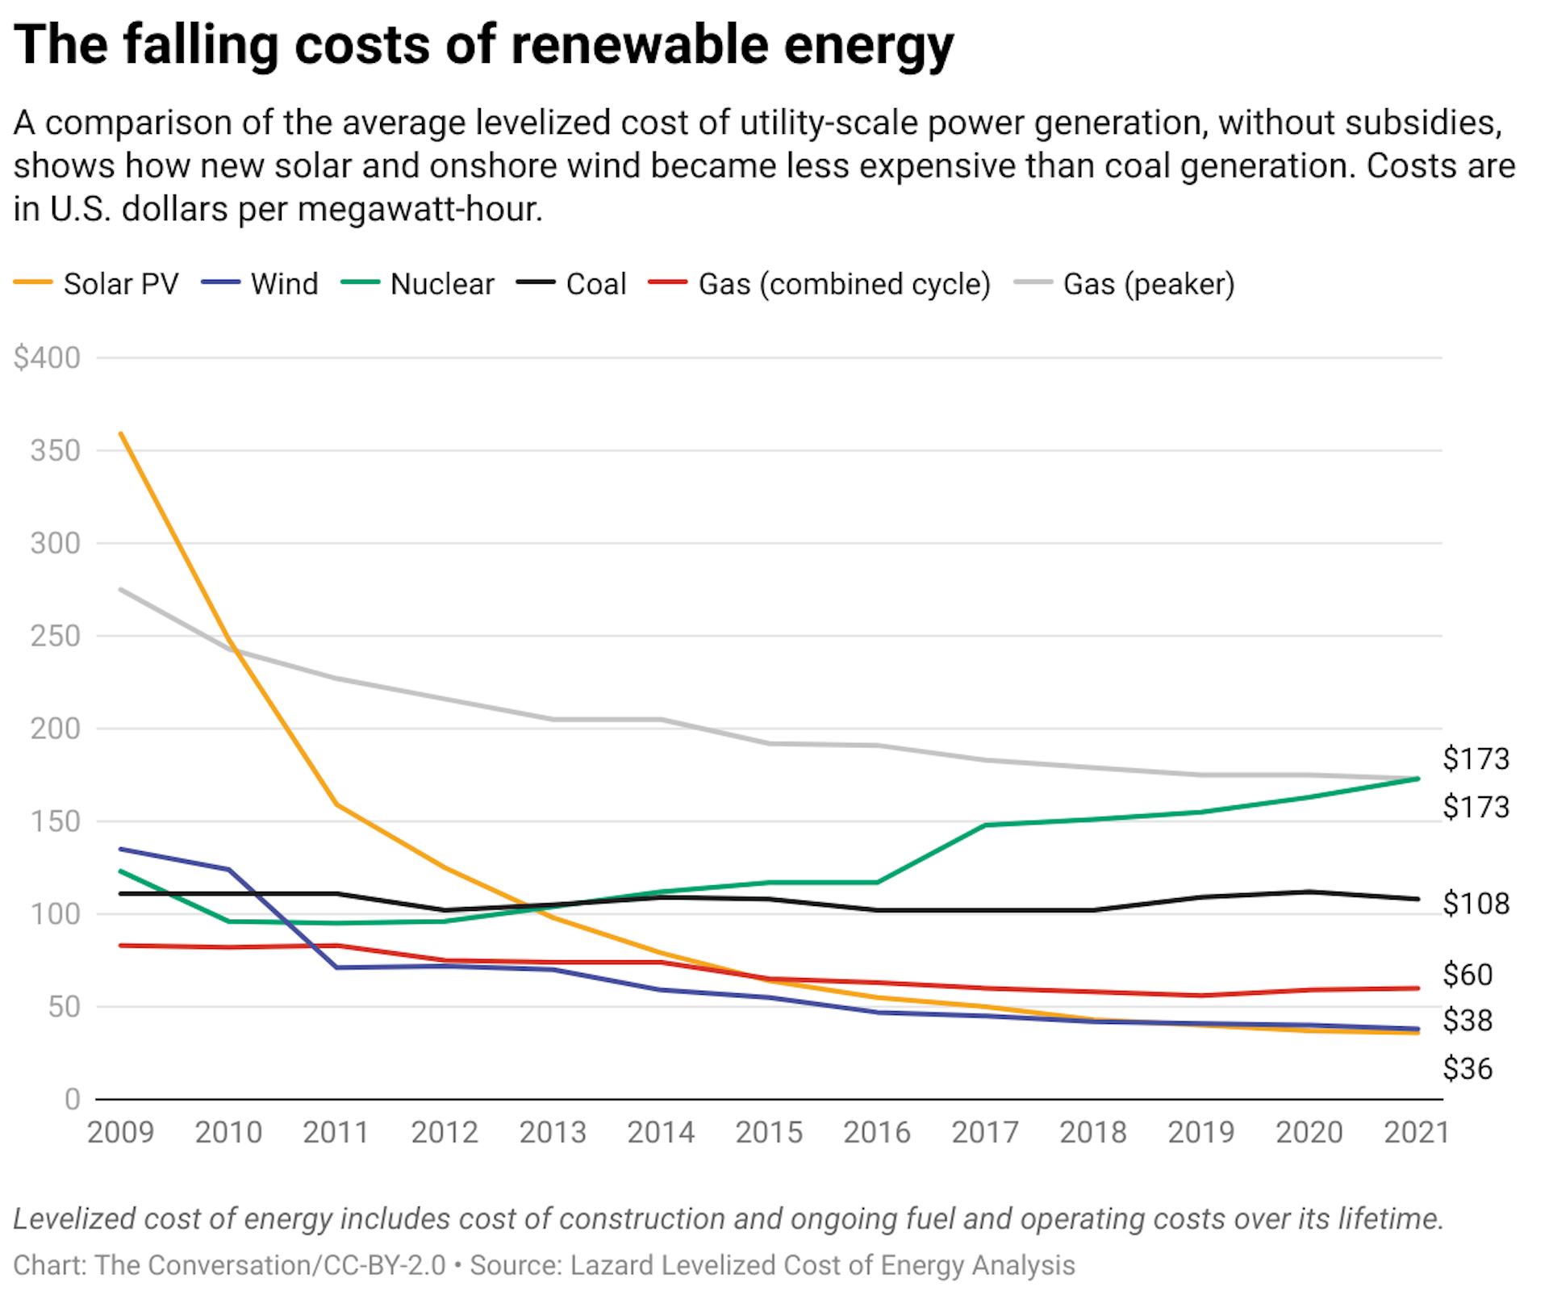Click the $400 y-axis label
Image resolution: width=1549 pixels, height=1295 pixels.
click(47, 357)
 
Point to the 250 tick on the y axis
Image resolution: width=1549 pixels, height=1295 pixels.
click(55, 636)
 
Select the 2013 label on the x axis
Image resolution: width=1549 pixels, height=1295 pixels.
click(553, 1133)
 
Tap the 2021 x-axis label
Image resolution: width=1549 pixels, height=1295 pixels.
click(1416, 1133)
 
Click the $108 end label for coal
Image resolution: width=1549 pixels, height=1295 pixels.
click(1476, 904)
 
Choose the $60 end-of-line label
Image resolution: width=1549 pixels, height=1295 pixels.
click(1468, 975)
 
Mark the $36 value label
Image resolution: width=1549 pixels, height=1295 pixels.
click(1468, 1069)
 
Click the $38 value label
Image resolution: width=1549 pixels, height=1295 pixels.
click(1468, 1021)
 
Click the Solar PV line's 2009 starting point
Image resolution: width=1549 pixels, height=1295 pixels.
click(121, 433)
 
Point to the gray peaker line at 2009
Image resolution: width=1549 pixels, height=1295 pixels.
click(121, 589)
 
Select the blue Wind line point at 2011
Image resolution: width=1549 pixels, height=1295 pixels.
click(336, 967)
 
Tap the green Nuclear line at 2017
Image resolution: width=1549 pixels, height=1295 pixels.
click(986, 825)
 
